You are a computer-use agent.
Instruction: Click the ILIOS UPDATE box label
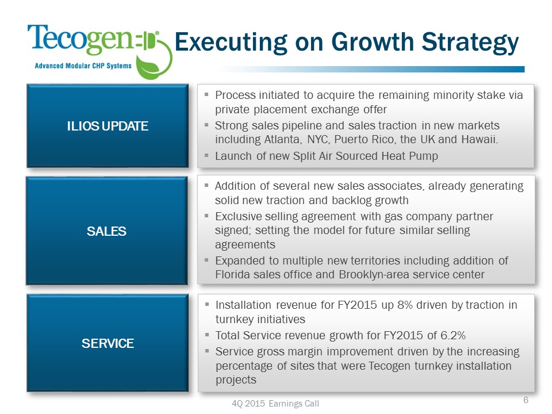click(x=108, y=126)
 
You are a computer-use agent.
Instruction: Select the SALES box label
click(x=106, y=231)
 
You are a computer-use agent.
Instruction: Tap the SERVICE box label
click(x=108, y=343)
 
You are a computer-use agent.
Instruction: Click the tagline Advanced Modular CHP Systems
click(x=83, y=66)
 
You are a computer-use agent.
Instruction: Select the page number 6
click(x=526, y=400)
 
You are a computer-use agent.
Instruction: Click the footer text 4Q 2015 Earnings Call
click(x=275, y=404)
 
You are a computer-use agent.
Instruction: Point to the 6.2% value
click(x=453, y=335)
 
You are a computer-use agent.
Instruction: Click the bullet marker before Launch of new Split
click(x=206, y=155)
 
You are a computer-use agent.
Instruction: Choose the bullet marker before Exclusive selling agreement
click(x=206, y=216)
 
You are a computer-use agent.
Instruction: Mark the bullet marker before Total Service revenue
click(x=207, y=335)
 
